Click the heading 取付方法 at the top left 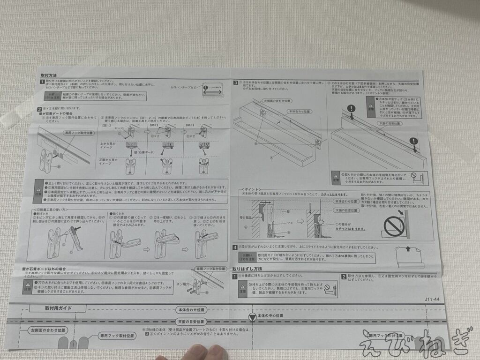[x=49, y=75]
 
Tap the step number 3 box [x=236, y=83]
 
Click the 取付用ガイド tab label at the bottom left [x=57, y=308]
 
